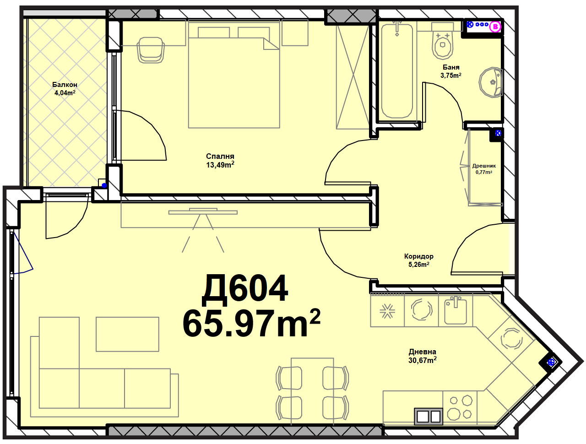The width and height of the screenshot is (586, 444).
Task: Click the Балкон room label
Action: pyautogui.click(x=65, y=85)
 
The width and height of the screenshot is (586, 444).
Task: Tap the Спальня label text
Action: pyautogui.click(x=220, y=157)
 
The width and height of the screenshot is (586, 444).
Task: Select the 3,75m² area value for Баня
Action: pyautogui.click(x=450, y=75)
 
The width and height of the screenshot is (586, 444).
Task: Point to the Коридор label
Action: pyautogui.click(x=418, y=256)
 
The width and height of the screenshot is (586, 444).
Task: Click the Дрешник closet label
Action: pyautogui.click(x=484, y=166)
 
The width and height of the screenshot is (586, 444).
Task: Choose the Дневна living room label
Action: pyautogui.click(x=423, y=352)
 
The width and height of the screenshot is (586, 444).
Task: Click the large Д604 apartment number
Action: pyautogui.click(x=244, y=289)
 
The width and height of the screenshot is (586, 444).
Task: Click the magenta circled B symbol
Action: pyautogui.click(x=495, y=27)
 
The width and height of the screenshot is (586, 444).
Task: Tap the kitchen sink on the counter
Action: pyautogui.click(x=456, y=311)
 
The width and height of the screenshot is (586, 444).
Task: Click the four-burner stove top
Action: pyautogui.click(x=460, y=408)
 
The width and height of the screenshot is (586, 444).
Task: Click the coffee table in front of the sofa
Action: pyautogui.click(x=127, y=334)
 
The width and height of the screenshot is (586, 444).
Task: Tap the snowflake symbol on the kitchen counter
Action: pyautogui.click(x=387, y=311)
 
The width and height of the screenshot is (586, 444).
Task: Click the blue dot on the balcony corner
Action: pyautogui.click(x=104, y=185)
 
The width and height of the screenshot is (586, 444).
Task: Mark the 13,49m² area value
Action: pyautogui.click(x=220, y=165)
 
